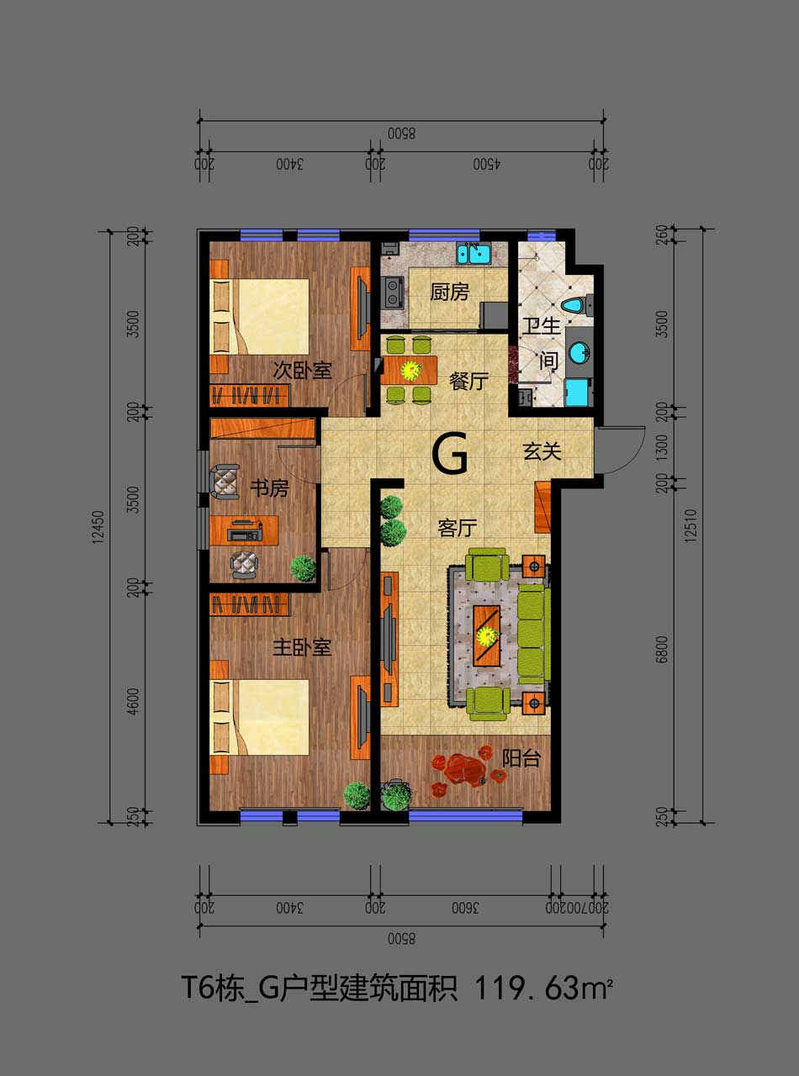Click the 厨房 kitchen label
(x=449, y=293)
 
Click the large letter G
(x=451, y=454)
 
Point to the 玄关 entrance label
(x=542, y=451)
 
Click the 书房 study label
(x=269, y=488)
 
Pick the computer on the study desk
(x=245, y=530)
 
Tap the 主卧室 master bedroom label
(x=301, y=647)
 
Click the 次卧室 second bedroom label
(x=301, y=371)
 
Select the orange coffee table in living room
(x=487, y=635)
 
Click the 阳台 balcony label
(x=521, y=758)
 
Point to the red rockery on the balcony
(x=468, y=770)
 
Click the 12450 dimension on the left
(x=98, y=526)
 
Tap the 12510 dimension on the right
(x=691, y=525)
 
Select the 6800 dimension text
(x=662, y=650)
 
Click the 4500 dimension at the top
(x=487, y=165)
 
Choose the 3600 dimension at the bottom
(x=465, y=908)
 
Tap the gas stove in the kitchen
(x=392, y=292)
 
